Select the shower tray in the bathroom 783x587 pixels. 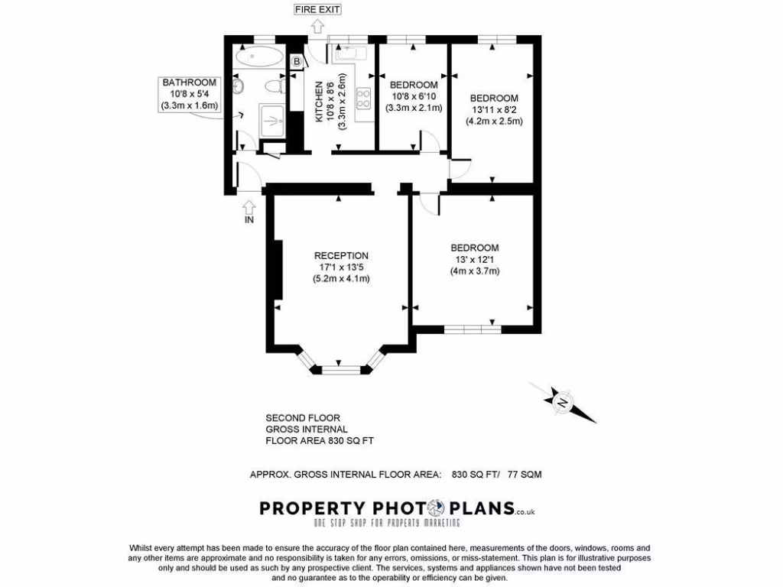coord(272,118)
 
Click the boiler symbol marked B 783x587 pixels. coord(297,61)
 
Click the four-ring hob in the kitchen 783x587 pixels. coord(362,99)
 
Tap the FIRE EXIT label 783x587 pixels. coord(317,10)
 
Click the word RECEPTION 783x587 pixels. coord(341,255)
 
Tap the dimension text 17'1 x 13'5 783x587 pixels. coord(341,268)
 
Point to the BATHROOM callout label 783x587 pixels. coord(189,82)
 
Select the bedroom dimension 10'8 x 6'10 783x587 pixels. coord(414,96)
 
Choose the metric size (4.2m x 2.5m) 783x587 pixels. coord(494,121)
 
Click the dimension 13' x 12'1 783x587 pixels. coord(474,260)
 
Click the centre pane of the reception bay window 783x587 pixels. coord(340,371)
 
